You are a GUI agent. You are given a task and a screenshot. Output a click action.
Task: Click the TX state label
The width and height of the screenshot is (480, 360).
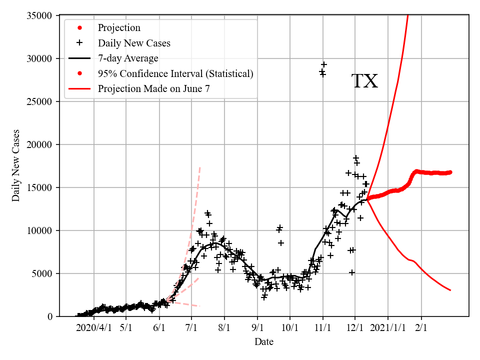[x=364, y=81]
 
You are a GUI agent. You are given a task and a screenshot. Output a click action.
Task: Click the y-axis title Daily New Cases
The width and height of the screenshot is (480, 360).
[x=16, y=165]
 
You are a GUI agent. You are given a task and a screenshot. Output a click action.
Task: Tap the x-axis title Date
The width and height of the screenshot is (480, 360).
[x=263, y=342]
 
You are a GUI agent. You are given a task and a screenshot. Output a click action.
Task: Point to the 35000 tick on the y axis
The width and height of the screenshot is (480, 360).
[x=39, y=15]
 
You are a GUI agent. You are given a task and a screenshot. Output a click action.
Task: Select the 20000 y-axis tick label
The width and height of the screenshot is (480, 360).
[x=39, y=144]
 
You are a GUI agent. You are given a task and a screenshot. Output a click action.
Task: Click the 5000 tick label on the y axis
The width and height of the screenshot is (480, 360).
[x=42, y=273]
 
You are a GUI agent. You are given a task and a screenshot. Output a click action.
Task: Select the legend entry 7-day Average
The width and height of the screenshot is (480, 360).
[x=128, y=58]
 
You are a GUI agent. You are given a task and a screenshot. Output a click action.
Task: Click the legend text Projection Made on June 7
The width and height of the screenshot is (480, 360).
[x=157, y=89]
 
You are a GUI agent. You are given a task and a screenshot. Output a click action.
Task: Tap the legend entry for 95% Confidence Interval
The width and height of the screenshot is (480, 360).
[x=175, y=74]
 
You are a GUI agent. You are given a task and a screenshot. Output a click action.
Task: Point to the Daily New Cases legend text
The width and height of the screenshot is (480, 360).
[x=134, y=43]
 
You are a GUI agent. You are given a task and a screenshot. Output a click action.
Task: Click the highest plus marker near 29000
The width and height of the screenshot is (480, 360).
[x=323, y=64]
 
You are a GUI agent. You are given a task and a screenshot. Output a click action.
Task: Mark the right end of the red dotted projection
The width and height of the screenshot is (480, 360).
[x=450, y=172]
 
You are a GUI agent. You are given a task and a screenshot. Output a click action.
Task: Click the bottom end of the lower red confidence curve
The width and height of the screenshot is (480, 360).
[x=450, y=290]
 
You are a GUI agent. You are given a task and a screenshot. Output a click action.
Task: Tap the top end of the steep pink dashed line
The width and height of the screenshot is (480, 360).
[x=200, y=167]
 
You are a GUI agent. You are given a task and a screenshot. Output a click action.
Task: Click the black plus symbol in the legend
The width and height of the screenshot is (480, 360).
[x=78, y=43]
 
